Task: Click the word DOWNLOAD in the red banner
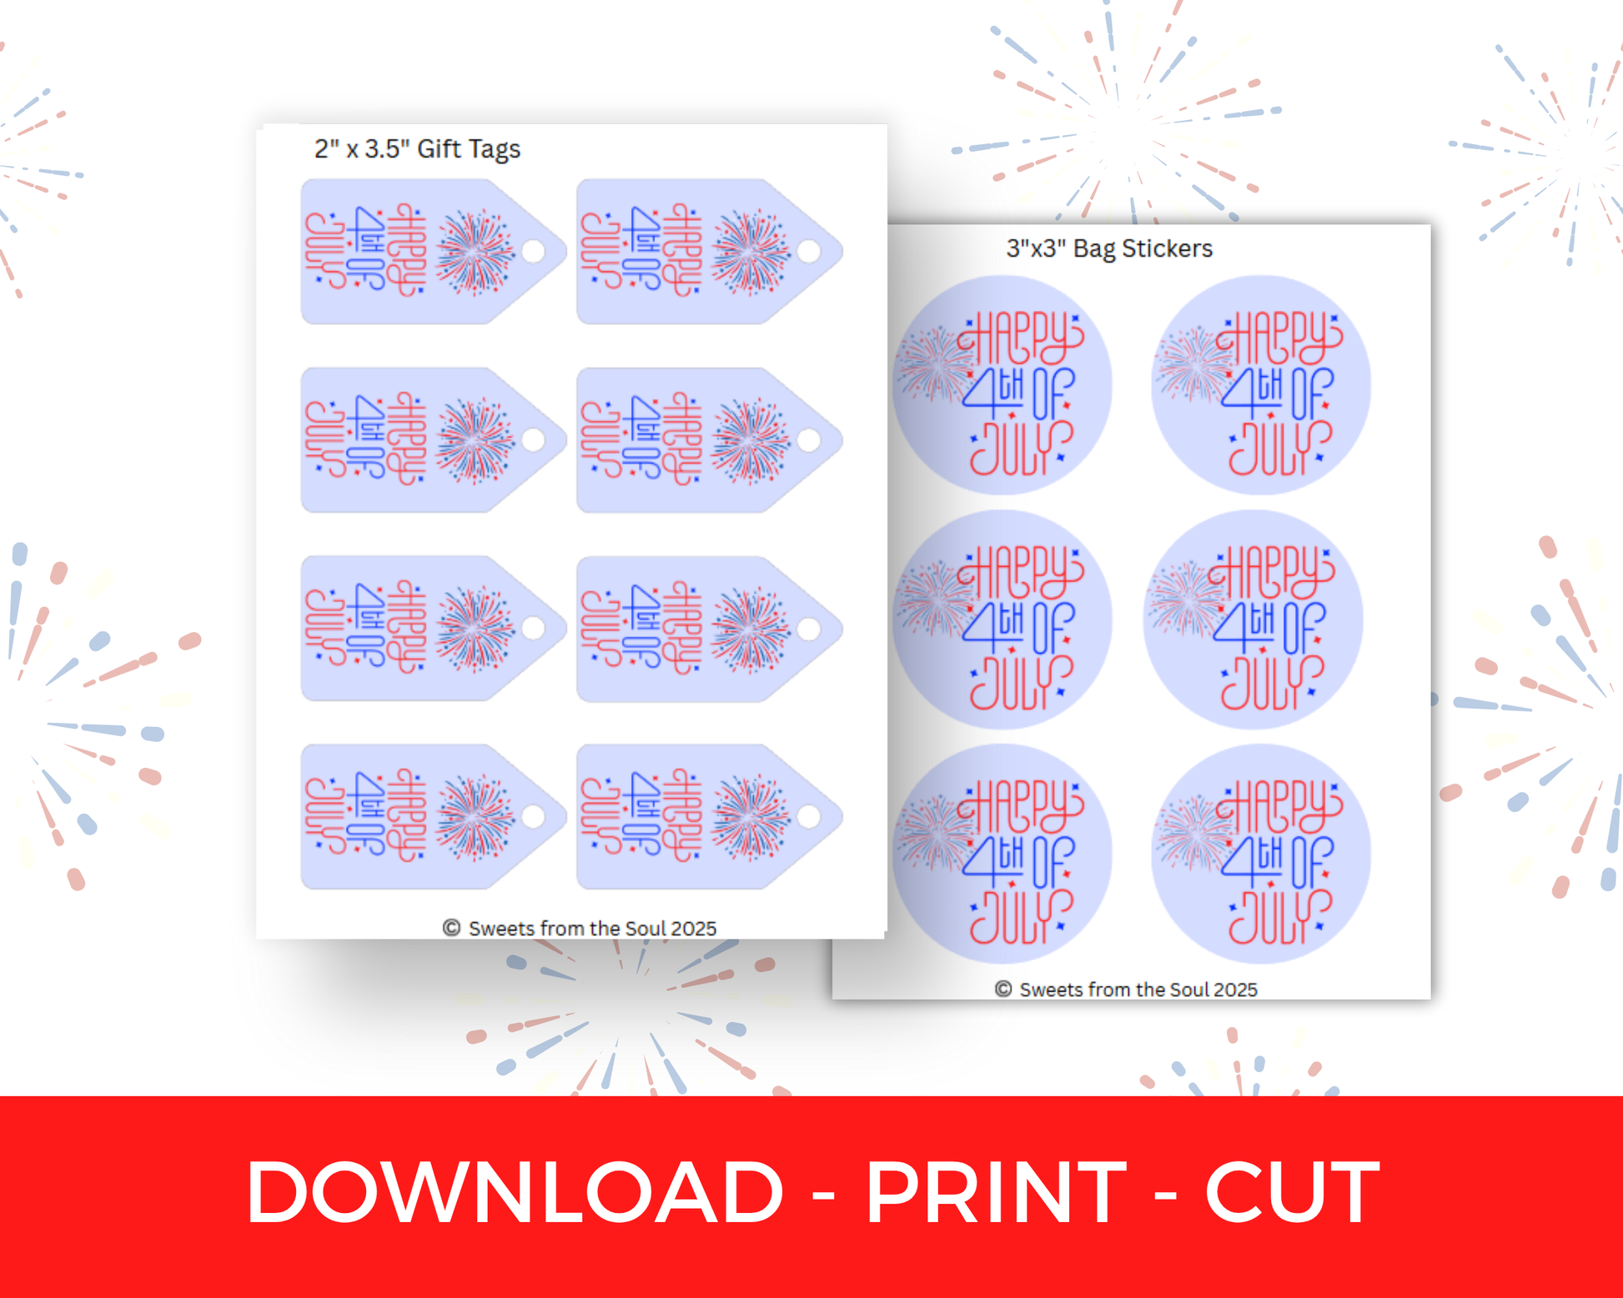point(515,1192)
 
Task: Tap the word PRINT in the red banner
point(997,1192)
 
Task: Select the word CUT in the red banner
point(1292,1192)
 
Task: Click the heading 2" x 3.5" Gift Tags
point(417,148)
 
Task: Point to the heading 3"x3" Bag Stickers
point(1109,248)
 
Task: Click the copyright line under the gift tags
point(580,928)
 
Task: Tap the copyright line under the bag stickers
point(1126,989)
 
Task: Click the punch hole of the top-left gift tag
point(534,251)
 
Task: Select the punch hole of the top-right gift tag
point(809,251)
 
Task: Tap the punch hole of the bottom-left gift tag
point(534,816)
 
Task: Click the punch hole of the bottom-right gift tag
point(809,816)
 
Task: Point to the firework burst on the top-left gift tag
point(475,253)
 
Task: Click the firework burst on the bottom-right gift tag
point(751,818)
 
